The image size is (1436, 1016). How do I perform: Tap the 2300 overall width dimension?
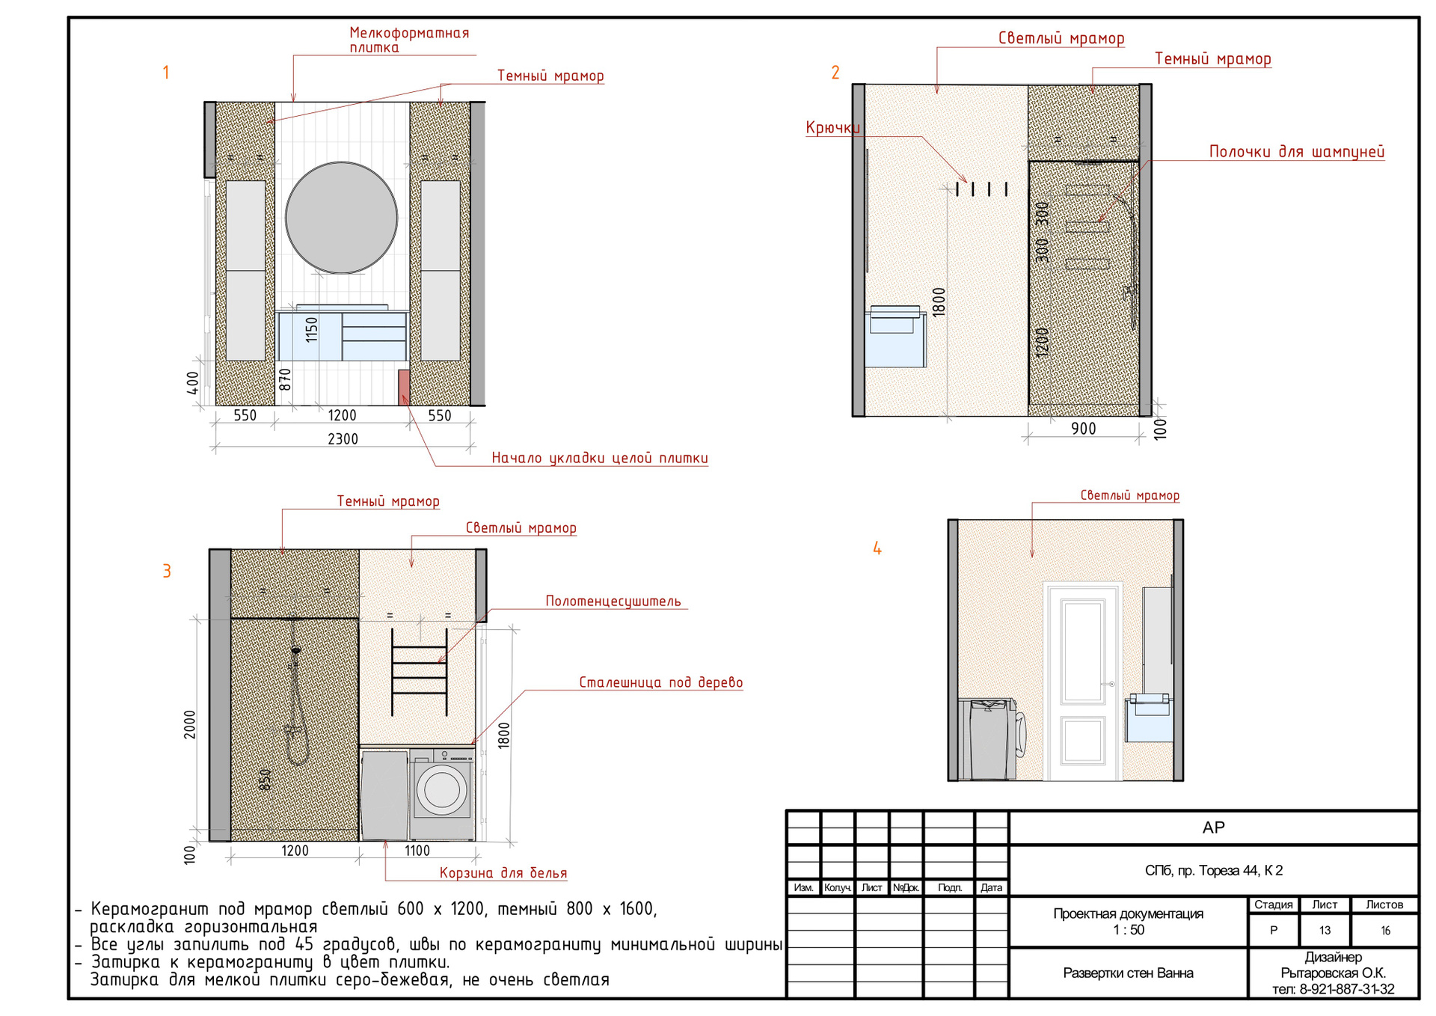click(x=343, y=439)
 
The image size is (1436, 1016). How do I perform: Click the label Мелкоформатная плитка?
click(x=409, y=40)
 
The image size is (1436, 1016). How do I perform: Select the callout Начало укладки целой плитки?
click(x=599, y=458)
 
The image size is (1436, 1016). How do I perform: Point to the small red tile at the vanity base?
click(x=404, y=387)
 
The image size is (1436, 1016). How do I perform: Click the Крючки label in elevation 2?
click(x=832, y=128)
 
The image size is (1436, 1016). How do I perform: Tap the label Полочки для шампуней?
click(x=1297, y=152)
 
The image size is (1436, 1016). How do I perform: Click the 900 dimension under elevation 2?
click(x=1083, y=429)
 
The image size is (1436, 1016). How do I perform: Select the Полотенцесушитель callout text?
click(x=613, y=602)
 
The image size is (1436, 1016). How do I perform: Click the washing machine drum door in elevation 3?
click(x=442, y=789)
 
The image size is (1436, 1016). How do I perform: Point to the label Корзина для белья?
click(x=503, y=873)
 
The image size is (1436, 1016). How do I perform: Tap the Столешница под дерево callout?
click(x=661, y=682)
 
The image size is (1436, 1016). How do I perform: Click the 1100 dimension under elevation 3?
click(x=417, y=851)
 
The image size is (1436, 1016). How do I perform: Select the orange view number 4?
click(x=877, y=548)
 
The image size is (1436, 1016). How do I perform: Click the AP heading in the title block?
click(x=1213, y=827)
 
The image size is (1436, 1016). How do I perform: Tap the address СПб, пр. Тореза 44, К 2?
click(x=1213, y=870)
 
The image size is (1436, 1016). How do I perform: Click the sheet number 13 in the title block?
click(x=1325, y=931)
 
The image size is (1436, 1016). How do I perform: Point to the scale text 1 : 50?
click(x=1129, y=930)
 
